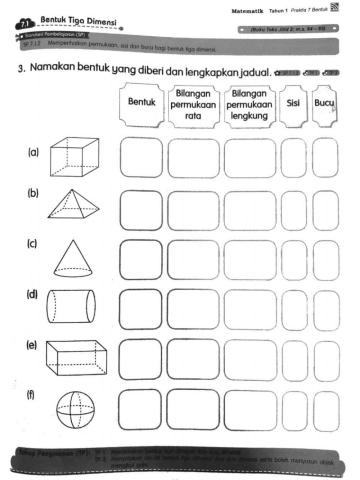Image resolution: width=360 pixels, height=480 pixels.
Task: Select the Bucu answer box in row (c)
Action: (325, 259)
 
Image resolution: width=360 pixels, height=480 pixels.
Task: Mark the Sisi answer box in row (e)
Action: (294, 356)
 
